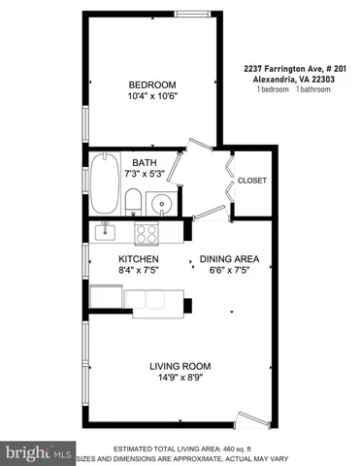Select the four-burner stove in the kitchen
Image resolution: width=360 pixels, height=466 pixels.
pos(147,233)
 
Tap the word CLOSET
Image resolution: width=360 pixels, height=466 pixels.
pos(251,181)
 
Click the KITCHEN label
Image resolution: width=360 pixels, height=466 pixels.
pos(139,259)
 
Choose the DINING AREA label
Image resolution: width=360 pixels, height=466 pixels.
pos(229,258)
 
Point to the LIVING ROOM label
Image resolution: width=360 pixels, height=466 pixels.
pos(180,366)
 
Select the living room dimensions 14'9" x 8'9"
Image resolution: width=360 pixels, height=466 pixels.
pos(180,380)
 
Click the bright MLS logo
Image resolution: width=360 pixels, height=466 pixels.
pos(39,453)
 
